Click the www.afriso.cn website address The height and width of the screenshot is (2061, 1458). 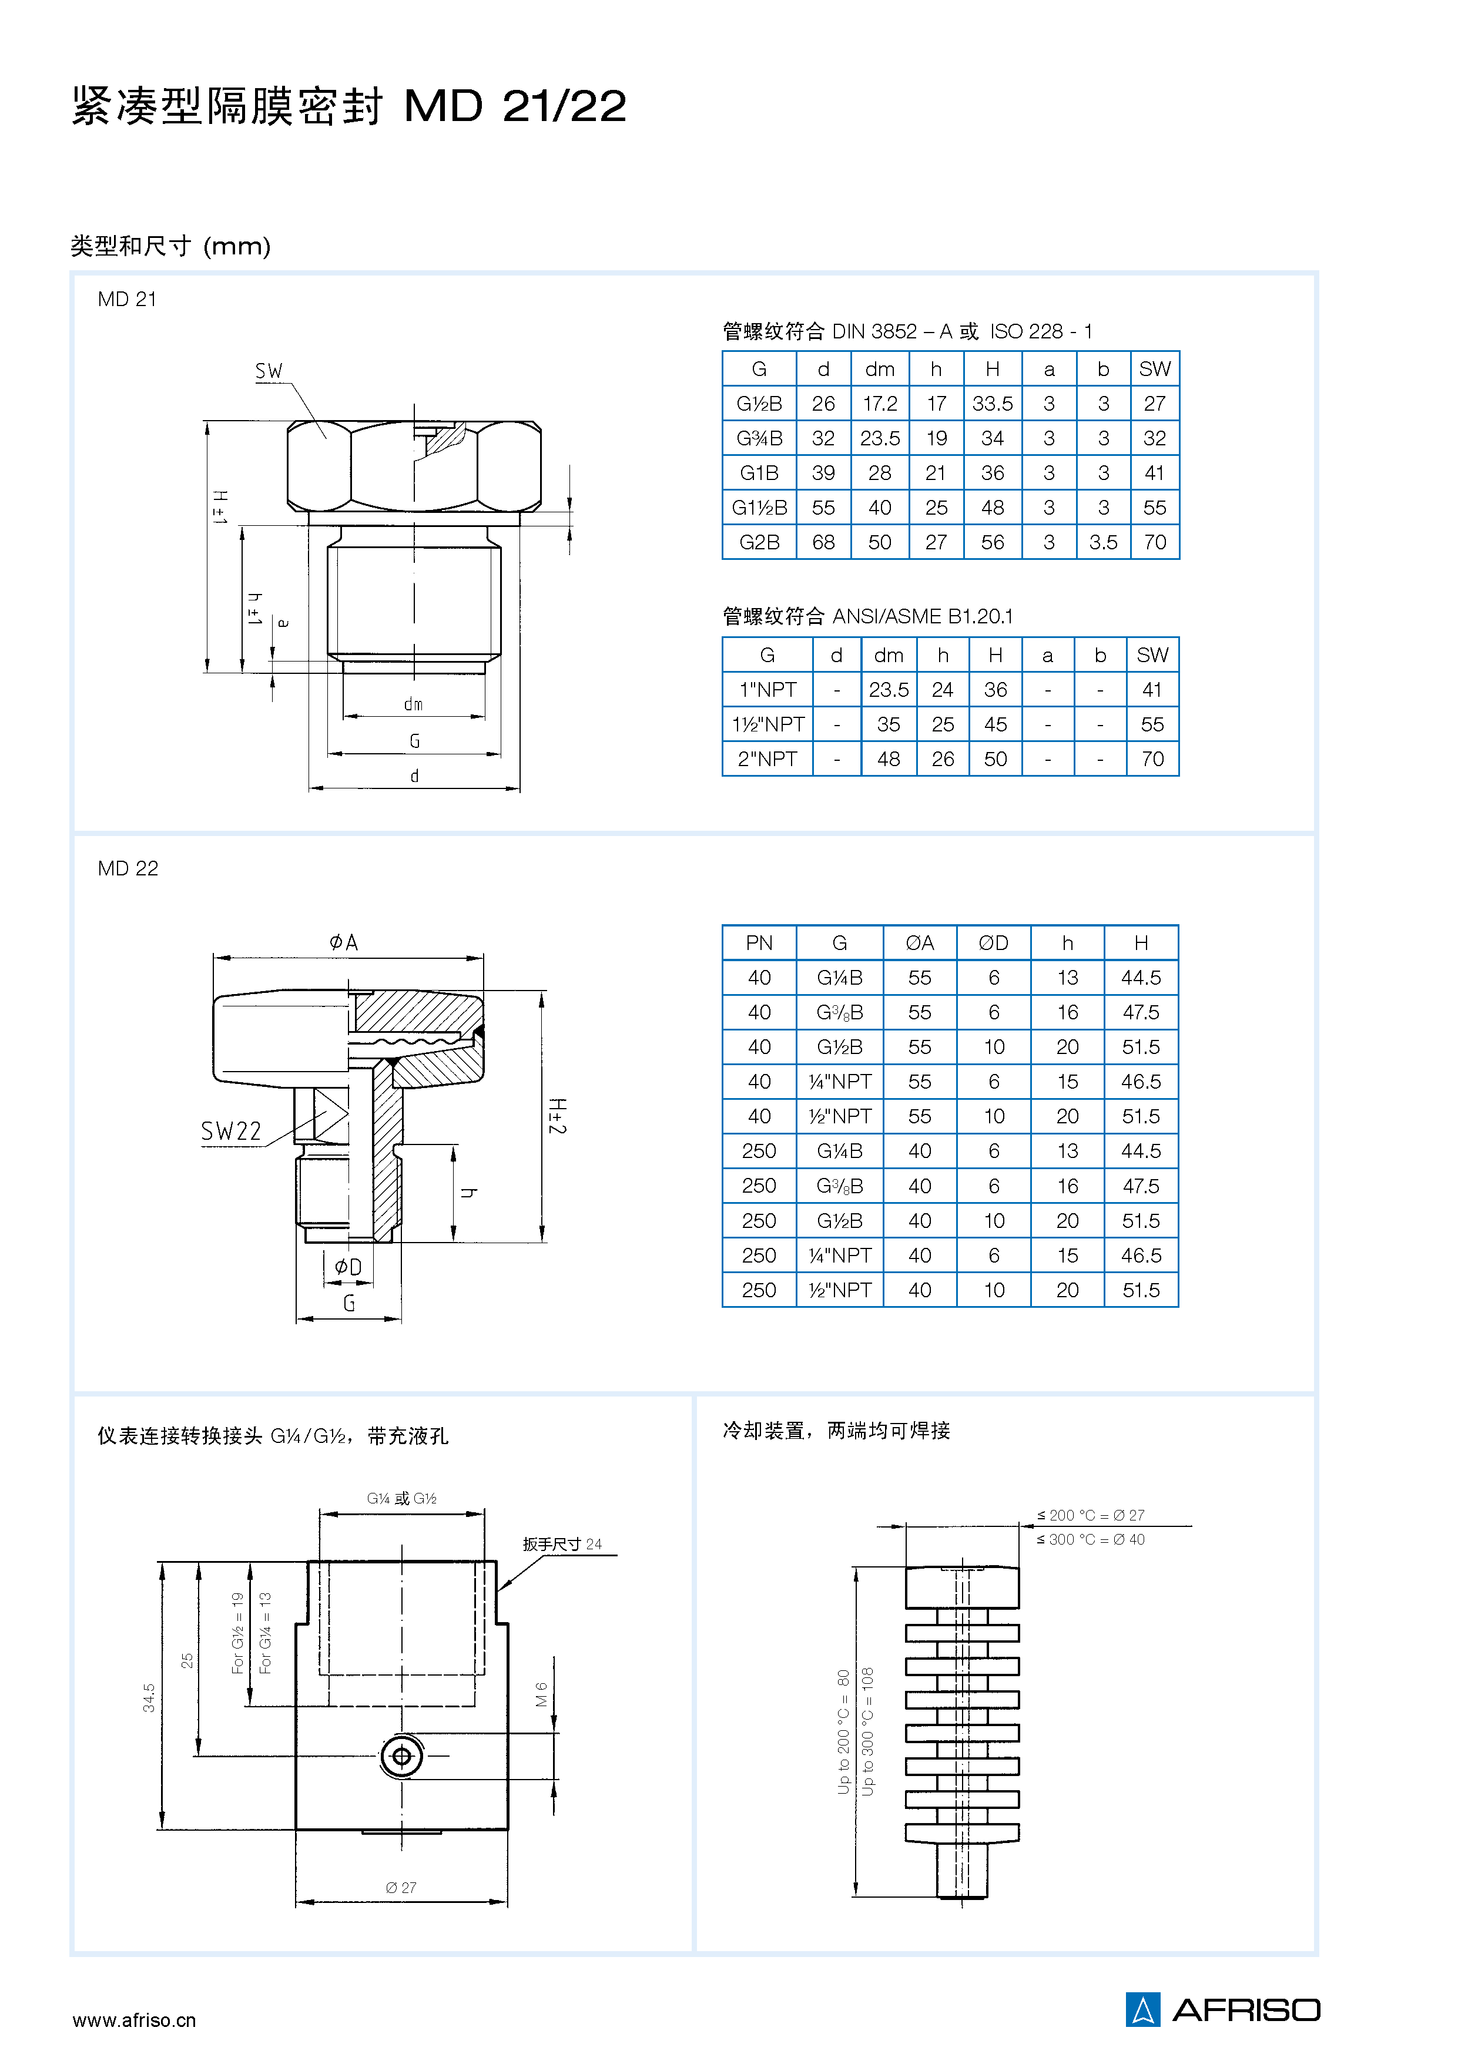[134, 2020]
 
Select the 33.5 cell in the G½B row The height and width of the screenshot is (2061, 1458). [992, 404]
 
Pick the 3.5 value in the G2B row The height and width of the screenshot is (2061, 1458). [1104, 542]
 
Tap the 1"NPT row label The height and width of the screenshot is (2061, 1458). [767, 689]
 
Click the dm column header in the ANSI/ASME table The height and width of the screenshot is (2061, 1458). [888, 655]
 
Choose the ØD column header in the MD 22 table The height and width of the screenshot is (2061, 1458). [993, 942]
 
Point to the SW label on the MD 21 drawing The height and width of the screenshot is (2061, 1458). [269, 371]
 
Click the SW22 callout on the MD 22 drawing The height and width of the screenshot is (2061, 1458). [231, 1131]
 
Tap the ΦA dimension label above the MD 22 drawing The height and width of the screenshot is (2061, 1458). [343, 942]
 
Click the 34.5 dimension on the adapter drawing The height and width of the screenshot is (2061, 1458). [149, 1697]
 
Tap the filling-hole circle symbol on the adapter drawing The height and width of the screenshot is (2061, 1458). [401, 1756]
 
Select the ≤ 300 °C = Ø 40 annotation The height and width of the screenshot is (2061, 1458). [1091, 1539]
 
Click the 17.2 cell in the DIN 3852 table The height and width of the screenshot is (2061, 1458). [880, 404]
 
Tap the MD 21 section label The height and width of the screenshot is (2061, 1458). [128, 300]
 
